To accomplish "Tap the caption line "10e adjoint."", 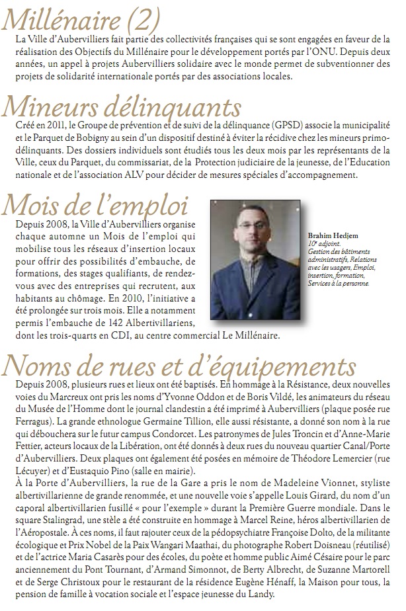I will coord(322,243).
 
